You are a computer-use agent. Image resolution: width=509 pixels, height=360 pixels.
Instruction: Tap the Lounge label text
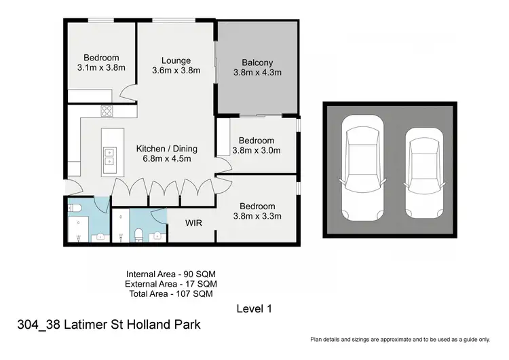176,60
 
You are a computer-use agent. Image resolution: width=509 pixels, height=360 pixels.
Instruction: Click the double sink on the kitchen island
108,157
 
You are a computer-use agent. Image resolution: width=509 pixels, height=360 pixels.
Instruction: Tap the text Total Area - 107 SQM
170,293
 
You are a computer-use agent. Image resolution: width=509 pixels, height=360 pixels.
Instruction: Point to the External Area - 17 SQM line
170,283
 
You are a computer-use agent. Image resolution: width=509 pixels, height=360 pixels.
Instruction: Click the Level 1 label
254,309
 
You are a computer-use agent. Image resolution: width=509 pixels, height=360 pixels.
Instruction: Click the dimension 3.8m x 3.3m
257,217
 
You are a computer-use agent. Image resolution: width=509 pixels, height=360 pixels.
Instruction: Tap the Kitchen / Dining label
166,149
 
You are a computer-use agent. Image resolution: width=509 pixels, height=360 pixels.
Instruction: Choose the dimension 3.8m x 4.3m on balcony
257,72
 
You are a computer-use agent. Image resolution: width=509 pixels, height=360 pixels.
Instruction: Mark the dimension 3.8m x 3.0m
257,151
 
